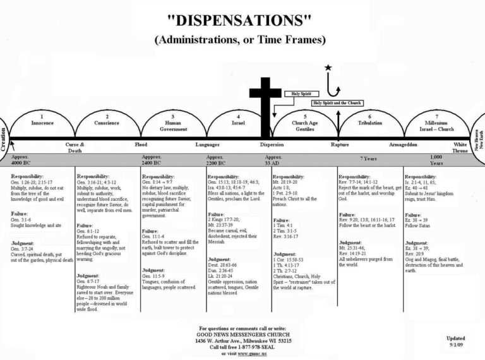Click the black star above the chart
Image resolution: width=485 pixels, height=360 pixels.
[x=328, y=67]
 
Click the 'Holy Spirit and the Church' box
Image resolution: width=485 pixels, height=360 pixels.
[x=337, y=103]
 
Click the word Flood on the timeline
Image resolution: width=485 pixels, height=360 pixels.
[x=141, y=145]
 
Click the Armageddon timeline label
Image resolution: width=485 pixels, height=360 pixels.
[x=403, y=145]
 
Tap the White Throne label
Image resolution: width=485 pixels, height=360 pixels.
[x=460, y=147]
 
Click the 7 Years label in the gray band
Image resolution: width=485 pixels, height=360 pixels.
[x=370, y=159]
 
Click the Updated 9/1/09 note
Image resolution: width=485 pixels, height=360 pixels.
[x=456, y=342]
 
